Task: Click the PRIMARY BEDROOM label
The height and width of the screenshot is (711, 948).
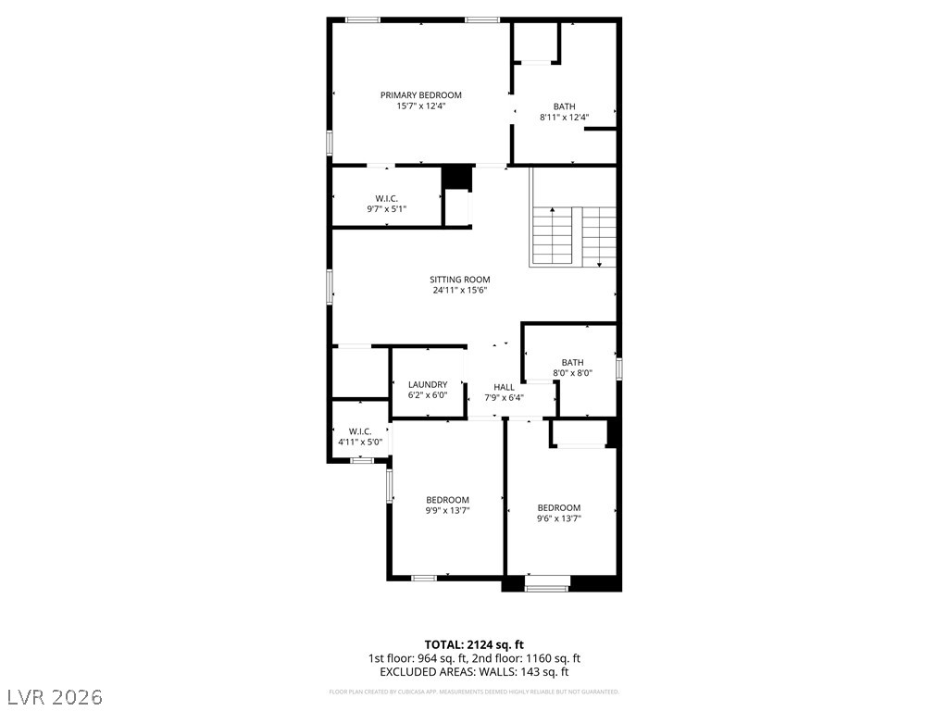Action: pos(420,95)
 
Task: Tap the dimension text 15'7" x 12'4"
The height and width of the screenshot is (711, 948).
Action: pos(420,106)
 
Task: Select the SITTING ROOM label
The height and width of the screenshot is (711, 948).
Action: pos(459,280)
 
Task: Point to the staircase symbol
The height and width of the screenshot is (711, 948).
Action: pos(573,236)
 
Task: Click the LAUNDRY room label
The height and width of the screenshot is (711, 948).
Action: pos(428,384)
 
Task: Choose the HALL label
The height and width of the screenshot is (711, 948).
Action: pos(504,387)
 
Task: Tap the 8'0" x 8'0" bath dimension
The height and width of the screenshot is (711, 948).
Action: pos(572,373)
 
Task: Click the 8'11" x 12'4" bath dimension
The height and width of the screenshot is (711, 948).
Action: pos(564,118)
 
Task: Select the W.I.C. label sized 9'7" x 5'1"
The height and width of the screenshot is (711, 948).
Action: pos(386,199)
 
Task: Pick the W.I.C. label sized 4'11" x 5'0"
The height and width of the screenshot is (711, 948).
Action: pos(359,431)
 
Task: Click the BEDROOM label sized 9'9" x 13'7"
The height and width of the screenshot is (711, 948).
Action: pos(447,500)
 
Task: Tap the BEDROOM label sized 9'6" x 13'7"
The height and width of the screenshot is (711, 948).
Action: pos(559,507)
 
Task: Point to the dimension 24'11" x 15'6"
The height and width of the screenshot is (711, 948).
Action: pos(459,291)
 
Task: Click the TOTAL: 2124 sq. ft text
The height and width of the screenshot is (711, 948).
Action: pos(474,644)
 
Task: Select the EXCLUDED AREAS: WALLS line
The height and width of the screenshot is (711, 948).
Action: pos(474,672)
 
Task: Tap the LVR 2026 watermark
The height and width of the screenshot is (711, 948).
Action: pos(56,695)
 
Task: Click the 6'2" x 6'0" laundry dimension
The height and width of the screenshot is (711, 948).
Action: pos(428,395)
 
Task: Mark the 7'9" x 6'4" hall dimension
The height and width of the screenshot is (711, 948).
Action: pos(504,398)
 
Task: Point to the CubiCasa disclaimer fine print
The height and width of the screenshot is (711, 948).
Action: pos(474,692)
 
